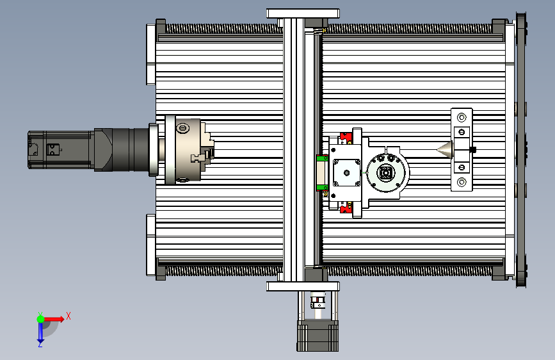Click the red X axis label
click(68, 316)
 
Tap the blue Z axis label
click(40, 344)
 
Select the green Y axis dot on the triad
click(41, 319)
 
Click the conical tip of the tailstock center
click(437, 149)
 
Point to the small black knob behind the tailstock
click(472, 149)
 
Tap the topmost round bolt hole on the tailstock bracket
click(462, 117)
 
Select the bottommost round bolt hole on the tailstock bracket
click(462, 182)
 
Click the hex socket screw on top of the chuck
click(182, 128)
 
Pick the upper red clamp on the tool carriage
click(346, 138)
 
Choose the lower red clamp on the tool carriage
click(346, 208)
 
